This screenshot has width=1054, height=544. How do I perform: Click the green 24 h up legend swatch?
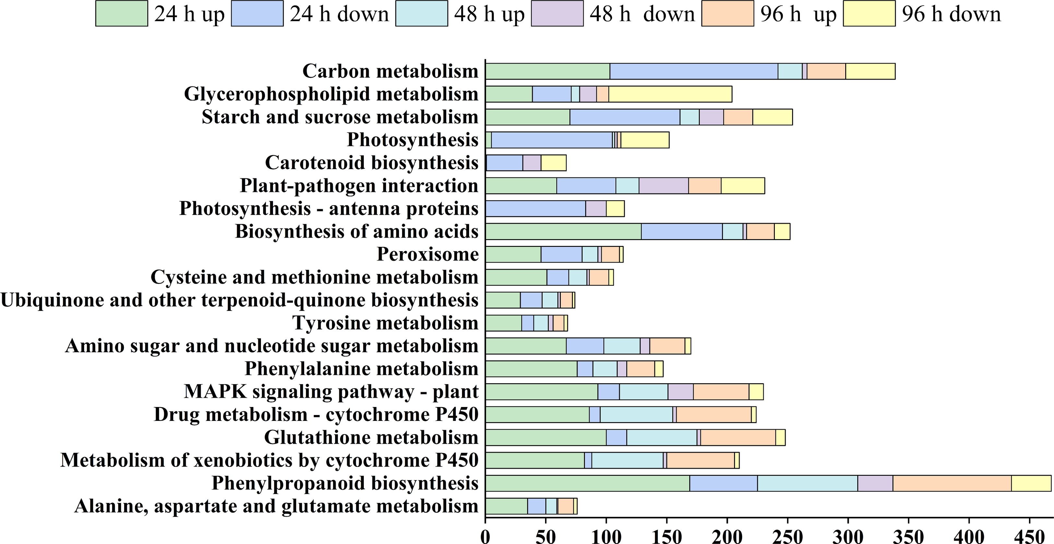click(x=122, y=14)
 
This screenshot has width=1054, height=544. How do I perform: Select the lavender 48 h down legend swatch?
click(x=557, y=14)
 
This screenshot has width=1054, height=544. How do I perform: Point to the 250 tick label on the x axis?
click(x=788, y=536)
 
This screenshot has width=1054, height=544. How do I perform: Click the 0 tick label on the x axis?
click(x=485, y=536)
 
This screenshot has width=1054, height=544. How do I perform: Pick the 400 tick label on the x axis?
click(x=969, y=536)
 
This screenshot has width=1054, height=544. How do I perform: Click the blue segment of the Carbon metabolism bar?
click(x=693, y=71)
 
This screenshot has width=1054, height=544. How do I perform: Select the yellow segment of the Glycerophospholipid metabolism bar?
click(x=670, y=94)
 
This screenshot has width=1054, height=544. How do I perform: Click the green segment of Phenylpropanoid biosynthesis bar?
click(x=587, y=483)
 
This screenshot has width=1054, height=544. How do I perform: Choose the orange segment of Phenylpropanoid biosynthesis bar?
click(x=952, y=483)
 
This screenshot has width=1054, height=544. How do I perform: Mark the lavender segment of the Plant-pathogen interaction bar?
click(x=664, y=186)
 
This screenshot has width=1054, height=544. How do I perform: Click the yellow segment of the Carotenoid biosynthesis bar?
click(x=554, y=163)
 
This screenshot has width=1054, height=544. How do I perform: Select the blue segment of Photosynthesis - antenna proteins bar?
click(x=536, y=209)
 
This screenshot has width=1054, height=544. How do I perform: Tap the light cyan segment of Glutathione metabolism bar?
click(x=662, y=437)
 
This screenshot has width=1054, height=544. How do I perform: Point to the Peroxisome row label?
click(x=428, y=254)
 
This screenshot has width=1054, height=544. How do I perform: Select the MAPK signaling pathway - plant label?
click(x=331, y=391)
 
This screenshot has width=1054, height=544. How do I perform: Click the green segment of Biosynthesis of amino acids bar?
click(x=563, y=232)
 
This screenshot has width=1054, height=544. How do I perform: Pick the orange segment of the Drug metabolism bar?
click(x=714, y=414)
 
